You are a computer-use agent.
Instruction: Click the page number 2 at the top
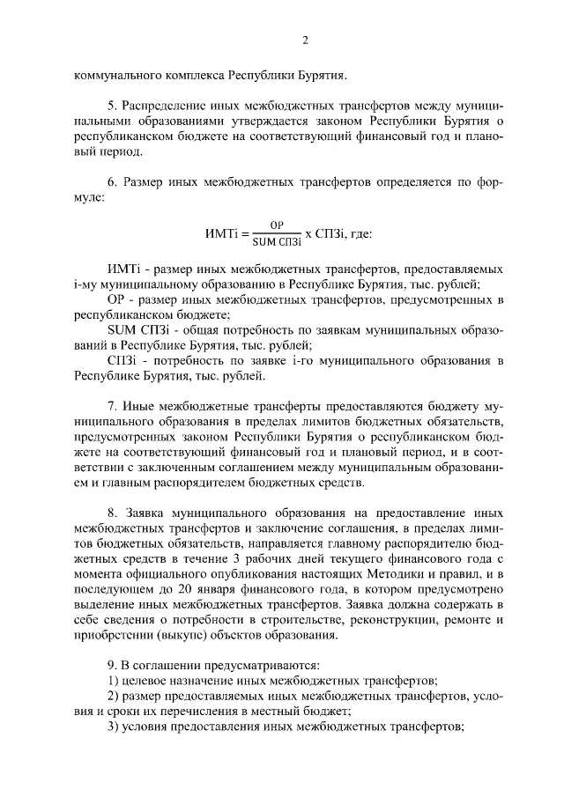[306, 41]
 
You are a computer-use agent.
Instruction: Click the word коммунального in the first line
[117, 74]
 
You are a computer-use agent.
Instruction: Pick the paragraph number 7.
[111, 407]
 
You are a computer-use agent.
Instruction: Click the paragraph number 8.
[111, 512]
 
